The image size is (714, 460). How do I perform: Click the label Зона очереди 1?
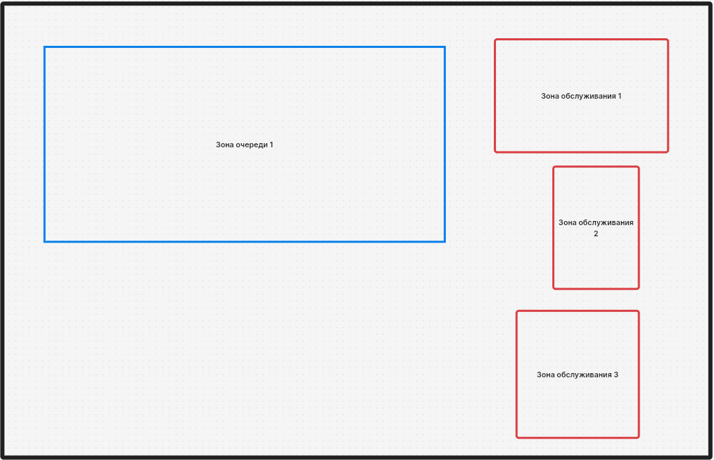pos(244,145)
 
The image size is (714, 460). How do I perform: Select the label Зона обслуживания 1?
pos(581,96)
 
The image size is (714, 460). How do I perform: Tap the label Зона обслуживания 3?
pos(577,375)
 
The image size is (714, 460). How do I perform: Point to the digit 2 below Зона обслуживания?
pos(596,233)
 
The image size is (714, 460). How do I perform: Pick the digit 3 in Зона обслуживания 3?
pos(616,375)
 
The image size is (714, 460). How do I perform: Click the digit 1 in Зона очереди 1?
pos(272,145)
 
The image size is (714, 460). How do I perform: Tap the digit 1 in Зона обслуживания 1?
pos(620,96)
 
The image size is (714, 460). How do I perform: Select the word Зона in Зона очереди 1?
pos(224,145)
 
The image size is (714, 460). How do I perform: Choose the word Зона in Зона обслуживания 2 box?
pos(567,223)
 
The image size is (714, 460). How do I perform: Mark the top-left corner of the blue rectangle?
pos(44,47)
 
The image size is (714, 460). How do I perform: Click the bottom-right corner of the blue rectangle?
pos(445,241)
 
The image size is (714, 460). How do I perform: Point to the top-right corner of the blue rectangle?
pos(445,47)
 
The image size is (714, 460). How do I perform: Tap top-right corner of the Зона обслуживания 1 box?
pos(667,40)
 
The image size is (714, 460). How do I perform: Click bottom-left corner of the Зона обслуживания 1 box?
pos(495,151)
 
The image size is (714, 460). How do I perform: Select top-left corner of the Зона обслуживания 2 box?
pos(554,167)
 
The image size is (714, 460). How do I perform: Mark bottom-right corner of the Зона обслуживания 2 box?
pos(638,288)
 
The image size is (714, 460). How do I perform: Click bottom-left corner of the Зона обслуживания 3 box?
pos(517,438)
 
